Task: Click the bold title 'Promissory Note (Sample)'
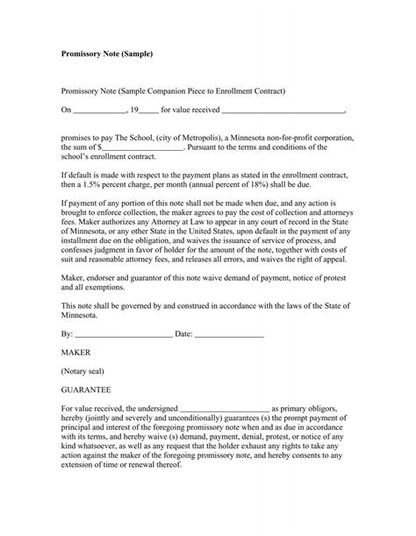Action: click(x=106, y=54)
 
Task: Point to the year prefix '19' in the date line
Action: click(x=134, y=111)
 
